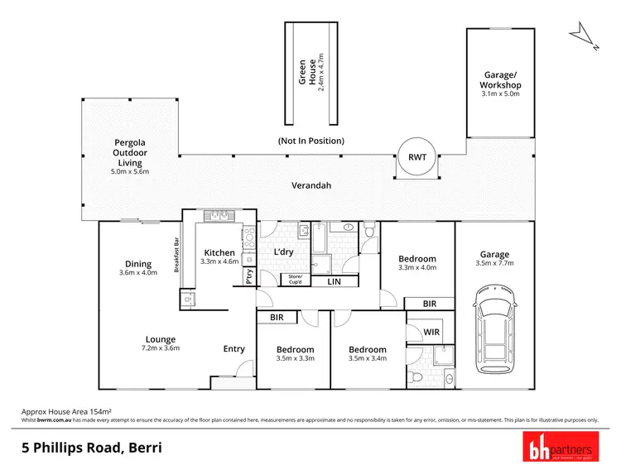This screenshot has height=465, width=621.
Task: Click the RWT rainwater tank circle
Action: (x=412, y=157)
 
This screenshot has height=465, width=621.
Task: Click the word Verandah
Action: (x=311, y=185)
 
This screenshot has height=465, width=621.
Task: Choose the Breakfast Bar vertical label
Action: (x=176, y=256)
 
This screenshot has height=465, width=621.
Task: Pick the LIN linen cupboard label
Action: (x=334, y=282)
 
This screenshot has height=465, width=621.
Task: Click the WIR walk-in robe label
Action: (x=431, y=332)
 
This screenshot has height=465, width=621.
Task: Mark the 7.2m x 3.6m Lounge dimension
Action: (x=159, y=348)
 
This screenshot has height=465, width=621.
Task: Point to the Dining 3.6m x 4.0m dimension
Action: (x=138, y=272)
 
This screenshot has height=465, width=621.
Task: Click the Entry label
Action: (x=234, y=348)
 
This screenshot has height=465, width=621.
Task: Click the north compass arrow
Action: (x=583, y=33)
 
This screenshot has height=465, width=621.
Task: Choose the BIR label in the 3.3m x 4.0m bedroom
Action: (x=429, y=304)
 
